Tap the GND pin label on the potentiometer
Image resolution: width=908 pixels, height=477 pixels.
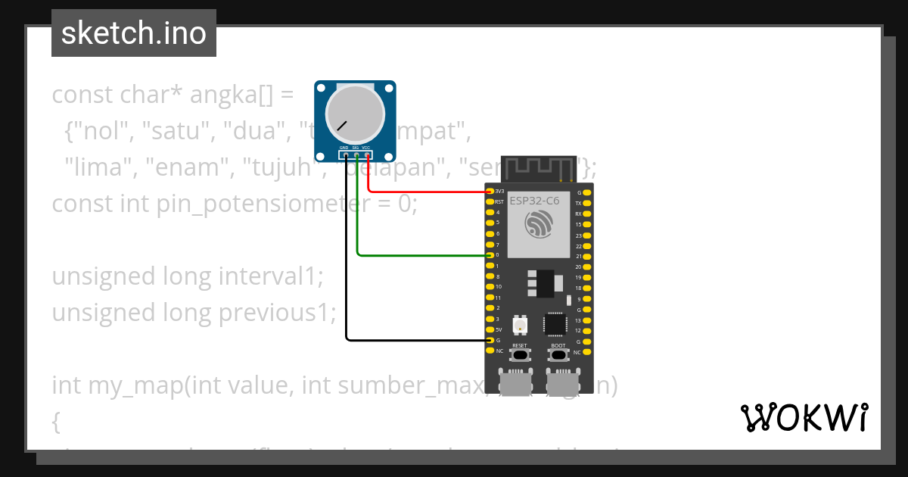click(x=344, y=148)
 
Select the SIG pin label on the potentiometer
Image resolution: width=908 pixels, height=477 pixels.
click(x=356, y=148)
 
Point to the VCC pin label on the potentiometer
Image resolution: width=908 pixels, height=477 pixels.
click(x=366, y=148)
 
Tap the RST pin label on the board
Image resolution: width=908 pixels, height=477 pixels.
click(x=499, y=202)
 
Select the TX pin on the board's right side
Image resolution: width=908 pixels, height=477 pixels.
click(x=579, y=203)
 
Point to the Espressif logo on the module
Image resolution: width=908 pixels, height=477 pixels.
click(x=539, y=226)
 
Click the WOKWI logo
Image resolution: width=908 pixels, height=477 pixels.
click(x=804, y=417)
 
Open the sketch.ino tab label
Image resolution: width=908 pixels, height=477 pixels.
click(x=134, y=33)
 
